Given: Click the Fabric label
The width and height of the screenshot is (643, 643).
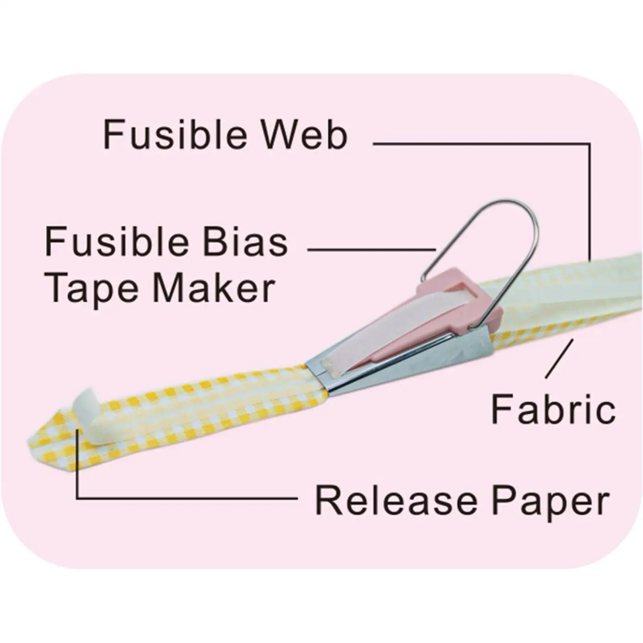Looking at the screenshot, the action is (x=553, y=410).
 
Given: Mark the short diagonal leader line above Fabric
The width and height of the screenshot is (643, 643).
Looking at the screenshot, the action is (x=559, y=358).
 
